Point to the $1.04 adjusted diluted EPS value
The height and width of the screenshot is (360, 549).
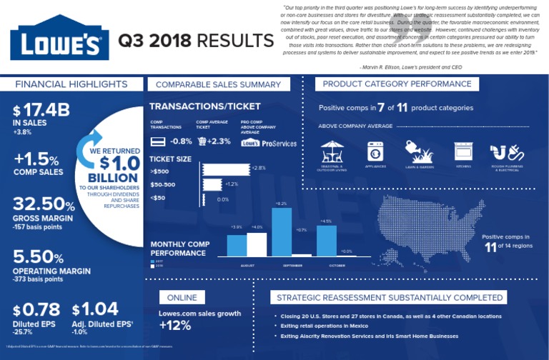(96, 309)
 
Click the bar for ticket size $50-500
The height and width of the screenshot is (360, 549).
(212, 184)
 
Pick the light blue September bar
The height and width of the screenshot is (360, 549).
(282, 231)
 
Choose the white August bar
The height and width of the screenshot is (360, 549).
(256, 244)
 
